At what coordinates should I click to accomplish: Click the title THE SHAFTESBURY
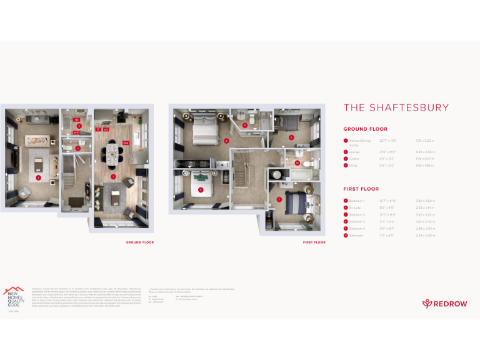(x=396, y=107)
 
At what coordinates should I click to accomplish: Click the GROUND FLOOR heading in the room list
(x=365, y=129)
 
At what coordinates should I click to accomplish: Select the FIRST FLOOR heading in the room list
(x=361, y=189)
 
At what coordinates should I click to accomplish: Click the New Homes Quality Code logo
(x=14, y=296)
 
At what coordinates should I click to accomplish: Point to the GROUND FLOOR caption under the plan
(x=139, y=242)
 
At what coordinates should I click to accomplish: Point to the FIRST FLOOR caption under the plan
(x=314, y=242)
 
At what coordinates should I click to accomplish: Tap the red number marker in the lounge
(x=38, y=177)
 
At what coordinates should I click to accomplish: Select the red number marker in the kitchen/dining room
(x=112, y=177)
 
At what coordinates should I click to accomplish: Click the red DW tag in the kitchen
(x=126, y=142)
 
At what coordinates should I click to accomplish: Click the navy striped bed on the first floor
(x=294, y=202)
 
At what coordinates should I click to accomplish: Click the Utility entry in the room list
(x=354, y=166)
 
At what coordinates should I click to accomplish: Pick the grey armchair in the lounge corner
(x=127, y=182)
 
